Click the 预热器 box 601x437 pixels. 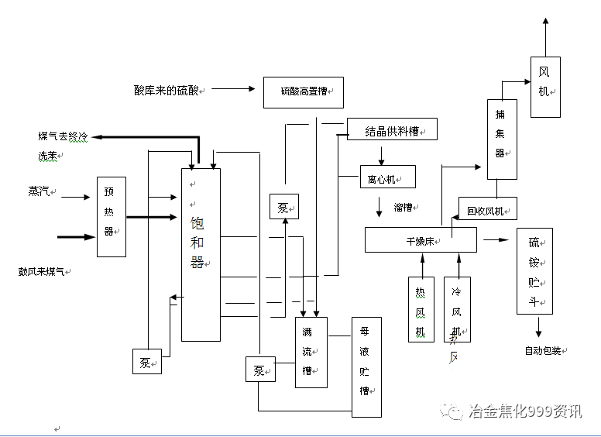coord(111,217)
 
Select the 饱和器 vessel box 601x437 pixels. coord(201,254)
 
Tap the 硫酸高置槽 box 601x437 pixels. coord(303,92)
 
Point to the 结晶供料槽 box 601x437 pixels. coord(392,129)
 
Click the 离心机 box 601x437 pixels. coord(387,177)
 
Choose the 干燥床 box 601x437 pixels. coord(421,240)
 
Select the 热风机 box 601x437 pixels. coord(421,308)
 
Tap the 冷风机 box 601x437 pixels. coord(457,308)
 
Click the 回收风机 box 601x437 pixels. coord(487,209)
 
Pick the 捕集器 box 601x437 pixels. coord(501,139)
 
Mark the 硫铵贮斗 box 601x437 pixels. coord(534,270)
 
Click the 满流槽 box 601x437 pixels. coord(311,352)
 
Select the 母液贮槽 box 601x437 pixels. coord(366,366)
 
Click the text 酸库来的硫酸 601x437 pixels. coord(167,90)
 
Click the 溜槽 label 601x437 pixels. coord(403,208)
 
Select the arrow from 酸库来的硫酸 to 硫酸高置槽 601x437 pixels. coord(232,89)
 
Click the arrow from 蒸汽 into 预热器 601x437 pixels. coord(76,198)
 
